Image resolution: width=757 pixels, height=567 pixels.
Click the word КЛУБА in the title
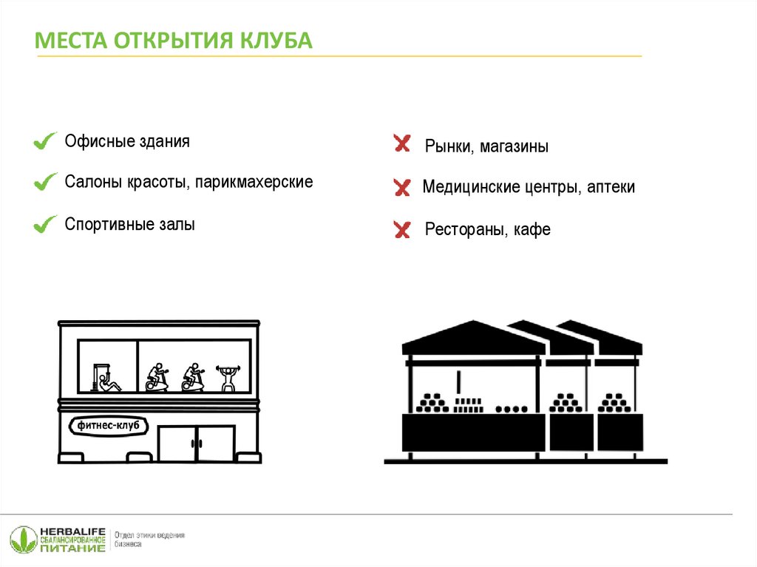[x=276, y=40]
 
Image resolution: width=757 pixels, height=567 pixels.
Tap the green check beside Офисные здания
[x=45, y=140]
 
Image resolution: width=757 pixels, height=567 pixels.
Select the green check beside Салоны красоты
[x=45, y=182]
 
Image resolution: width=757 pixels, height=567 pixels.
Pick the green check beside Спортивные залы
[x=45, y=224]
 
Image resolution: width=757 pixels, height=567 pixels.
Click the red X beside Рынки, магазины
[x=402, y=143]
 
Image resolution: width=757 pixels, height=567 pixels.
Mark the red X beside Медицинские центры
[x=402, y=187]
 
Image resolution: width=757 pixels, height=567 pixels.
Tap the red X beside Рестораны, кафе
[x=402, y=229]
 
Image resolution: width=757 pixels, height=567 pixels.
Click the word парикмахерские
[x=254, y=183]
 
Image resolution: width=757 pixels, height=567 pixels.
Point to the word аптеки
[x=611, y=187]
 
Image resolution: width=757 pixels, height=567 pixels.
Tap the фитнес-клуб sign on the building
[x=108, y=426]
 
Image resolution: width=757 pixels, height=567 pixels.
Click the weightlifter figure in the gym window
[x=227, y=378]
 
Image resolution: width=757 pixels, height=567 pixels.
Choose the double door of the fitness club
[x=197, y=444]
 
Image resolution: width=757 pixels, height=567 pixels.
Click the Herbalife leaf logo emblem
[x=24, y=540]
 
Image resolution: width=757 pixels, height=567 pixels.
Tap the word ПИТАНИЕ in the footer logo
[x=72, y=549]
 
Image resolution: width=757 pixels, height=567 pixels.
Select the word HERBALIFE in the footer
[x=72, y=532]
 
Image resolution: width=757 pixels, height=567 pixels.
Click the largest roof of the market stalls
[x=474, y=338]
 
